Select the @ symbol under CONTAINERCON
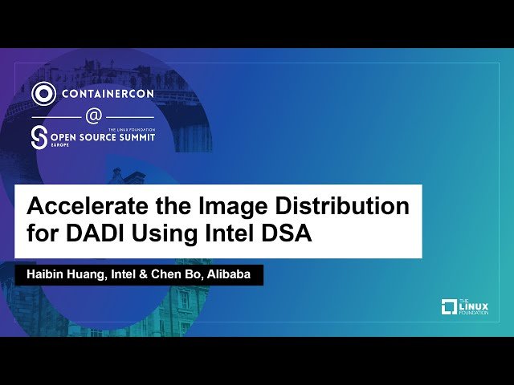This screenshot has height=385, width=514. click(x=93, y=115)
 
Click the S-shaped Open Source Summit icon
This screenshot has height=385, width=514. click(x=39, y=137)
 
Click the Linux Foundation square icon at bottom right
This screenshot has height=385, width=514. click(x=449, y=306)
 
